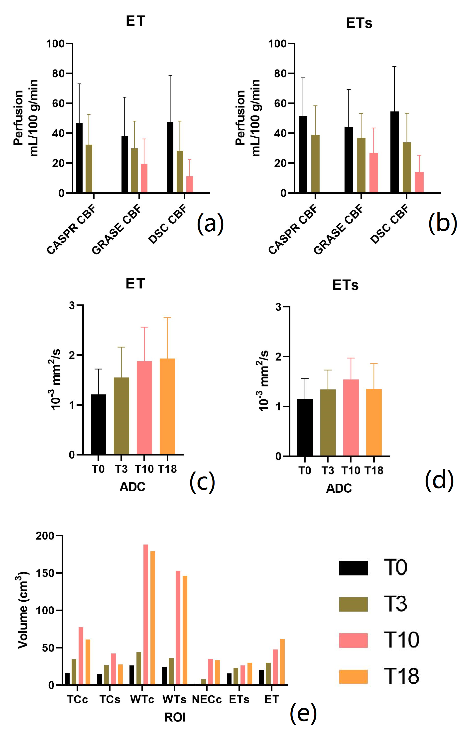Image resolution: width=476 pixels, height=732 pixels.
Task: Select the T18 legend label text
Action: click(x=401, y=676)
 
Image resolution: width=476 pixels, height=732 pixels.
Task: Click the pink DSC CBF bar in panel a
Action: click(x=190, y=184)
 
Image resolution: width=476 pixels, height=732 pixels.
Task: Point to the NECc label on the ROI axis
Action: click(x=207, y=700)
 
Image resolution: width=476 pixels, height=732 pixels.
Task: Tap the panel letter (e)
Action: click(x=303, y=713)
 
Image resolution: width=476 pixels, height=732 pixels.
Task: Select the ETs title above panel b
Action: click(x=359, y=23)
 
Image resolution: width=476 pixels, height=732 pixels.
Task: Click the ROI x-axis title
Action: click(x=175, y=717)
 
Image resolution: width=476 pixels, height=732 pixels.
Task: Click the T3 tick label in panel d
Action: click(x=328, y=470)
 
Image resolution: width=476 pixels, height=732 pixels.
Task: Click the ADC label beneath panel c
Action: click(x=132, y=487)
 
